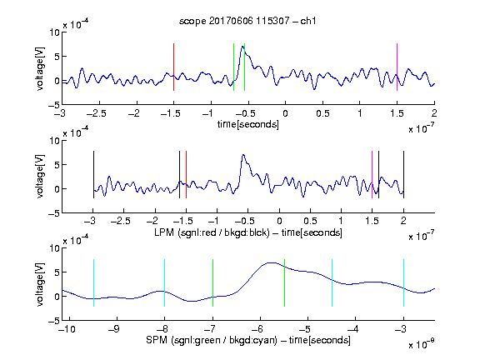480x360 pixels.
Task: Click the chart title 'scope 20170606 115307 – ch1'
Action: [x=247, y=21]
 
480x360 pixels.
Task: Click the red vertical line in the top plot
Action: [x=173, y=67]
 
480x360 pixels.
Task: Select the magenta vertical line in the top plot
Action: [x=397, y=67]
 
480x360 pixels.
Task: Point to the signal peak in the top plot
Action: [x=242, y=46]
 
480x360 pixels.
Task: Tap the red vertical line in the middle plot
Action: [x=186, y=174]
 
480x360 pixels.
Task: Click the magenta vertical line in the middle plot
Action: [x=372, y=174]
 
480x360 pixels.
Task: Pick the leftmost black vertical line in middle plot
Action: [x=93, y=174]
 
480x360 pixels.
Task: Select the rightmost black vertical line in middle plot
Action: [x=403, y=174]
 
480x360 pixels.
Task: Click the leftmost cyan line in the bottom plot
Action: [x=93, y=282]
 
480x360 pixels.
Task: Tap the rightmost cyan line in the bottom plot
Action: [x=403, y=282]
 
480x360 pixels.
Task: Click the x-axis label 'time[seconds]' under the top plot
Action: [x=248, y=124]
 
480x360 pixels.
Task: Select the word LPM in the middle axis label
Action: [x=164, y=232]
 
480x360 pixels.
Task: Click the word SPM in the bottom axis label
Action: [x=157, y=340]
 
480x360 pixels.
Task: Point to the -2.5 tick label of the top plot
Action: [x=97, y=113]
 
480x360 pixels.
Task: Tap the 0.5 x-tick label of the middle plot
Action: [x=310, y=221]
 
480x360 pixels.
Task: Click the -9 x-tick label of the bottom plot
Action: [x=114, y=329]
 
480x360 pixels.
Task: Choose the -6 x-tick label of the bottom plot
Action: [x=257, y=329]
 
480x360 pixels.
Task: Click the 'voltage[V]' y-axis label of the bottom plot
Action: [x=40, y=284]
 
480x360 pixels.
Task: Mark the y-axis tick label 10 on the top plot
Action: [x=54, y=32]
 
